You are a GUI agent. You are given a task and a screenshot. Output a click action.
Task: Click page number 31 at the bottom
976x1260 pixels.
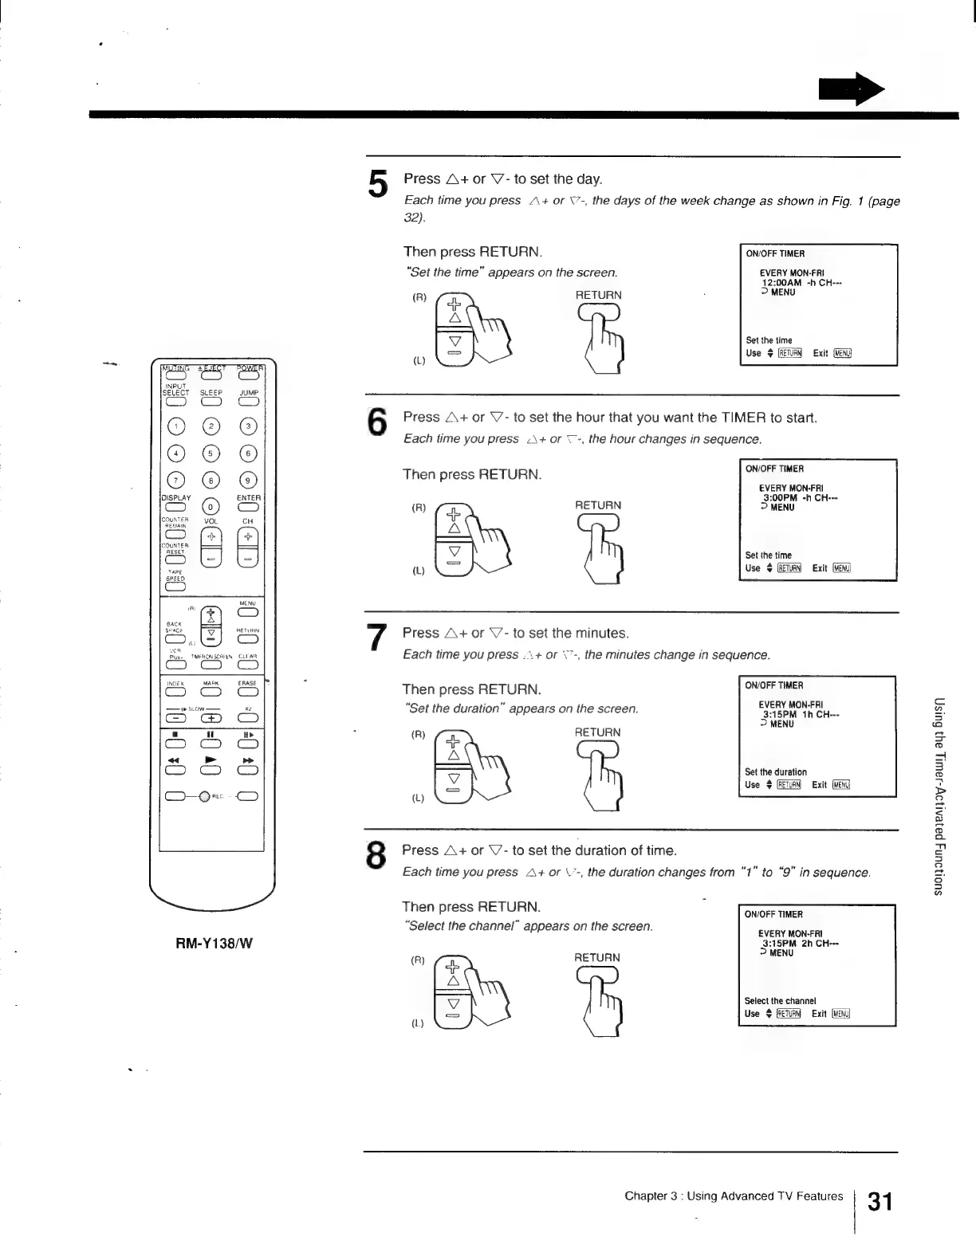880,1202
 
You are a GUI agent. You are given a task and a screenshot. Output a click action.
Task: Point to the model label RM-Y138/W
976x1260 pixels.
214,944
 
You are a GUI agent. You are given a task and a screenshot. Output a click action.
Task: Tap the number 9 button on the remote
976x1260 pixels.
249,480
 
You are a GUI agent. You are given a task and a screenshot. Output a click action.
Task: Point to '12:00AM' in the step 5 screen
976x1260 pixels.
781,283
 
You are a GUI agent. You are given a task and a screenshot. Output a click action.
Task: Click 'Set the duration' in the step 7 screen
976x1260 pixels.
775,772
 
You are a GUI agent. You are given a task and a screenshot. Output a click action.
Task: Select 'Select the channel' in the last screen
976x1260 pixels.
780,1001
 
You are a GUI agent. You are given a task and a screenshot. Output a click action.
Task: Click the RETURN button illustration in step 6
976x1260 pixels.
598,523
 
